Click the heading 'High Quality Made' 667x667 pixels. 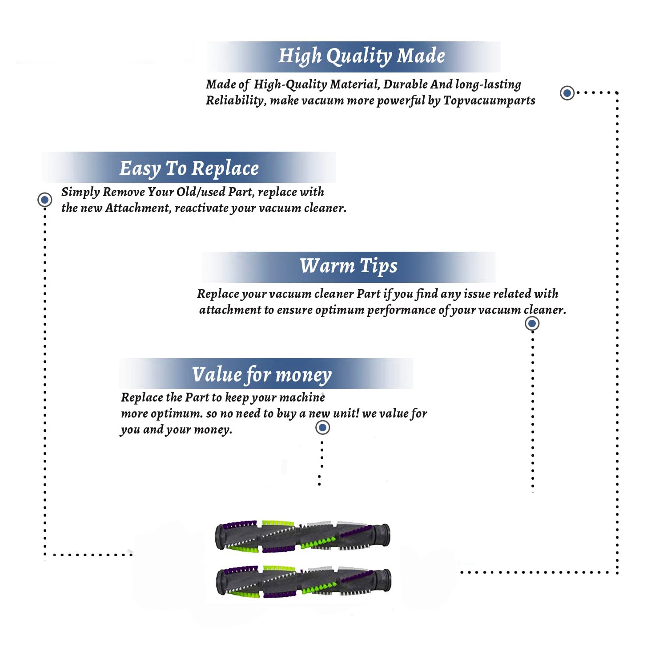tap(362, 56)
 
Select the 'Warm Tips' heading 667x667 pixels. tap(349, 266)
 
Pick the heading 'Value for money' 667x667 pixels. tap(262, 375)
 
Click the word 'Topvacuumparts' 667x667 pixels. tap(489, 101)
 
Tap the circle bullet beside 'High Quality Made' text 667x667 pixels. tap(567, 93)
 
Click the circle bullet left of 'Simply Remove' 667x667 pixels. tap(44, 200)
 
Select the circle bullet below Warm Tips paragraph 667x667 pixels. tap(532, 323)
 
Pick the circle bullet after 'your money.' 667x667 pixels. tap(322, 428)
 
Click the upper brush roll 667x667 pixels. tap(302, 536)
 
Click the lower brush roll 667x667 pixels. tap(303, 582)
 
